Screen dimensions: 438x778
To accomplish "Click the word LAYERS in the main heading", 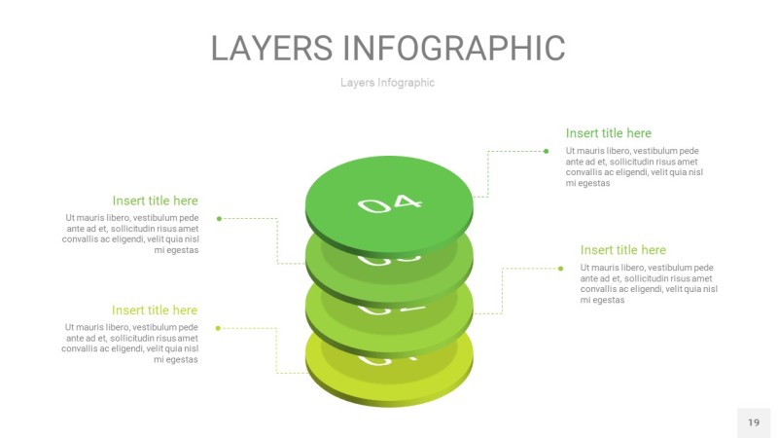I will tap(273, 48).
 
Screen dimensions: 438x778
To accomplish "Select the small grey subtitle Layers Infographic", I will tap(387, 83).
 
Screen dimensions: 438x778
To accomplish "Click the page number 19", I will tap(754, 422).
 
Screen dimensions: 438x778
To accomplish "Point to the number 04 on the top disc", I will tap(390, 203).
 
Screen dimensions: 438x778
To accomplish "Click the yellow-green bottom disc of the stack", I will tap(389, 384).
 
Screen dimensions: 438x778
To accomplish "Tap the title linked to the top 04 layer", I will tap(608, 133).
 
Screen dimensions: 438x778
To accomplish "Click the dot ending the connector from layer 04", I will tap(546, 151).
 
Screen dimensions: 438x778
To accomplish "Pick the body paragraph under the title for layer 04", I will tap(634, 166).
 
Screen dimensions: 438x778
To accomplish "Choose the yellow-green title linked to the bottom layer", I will tap(155, 310).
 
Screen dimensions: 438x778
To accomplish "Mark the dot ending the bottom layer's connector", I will tap(219, 328).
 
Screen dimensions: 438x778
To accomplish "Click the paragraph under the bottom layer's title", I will tap(130, 344).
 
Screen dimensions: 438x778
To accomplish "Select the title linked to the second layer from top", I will tap(155, 201).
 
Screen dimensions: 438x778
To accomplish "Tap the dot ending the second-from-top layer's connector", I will tap(219, 218).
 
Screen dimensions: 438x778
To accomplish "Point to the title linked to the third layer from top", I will tap(622, 250).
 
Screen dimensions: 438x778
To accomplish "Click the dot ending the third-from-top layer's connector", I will tap(561, 268).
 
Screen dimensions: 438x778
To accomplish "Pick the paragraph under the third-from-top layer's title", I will tap(649, 283).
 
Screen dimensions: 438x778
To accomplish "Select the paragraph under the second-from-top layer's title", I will tap(130, 234).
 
